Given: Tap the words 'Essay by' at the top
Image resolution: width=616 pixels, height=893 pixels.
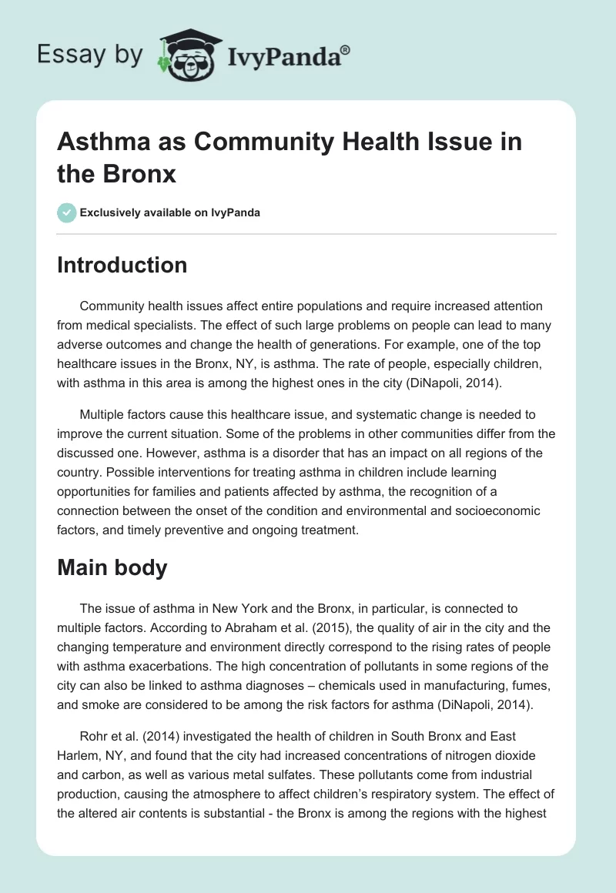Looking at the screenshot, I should tap(91, 55).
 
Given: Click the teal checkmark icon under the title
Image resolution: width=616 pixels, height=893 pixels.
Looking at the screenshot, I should tap(67, 212).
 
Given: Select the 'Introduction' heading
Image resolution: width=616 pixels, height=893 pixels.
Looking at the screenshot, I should tap(122, 265).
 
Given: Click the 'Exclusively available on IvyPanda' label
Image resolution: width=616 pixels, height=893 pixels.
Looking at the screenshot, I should tap(170, 212).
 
